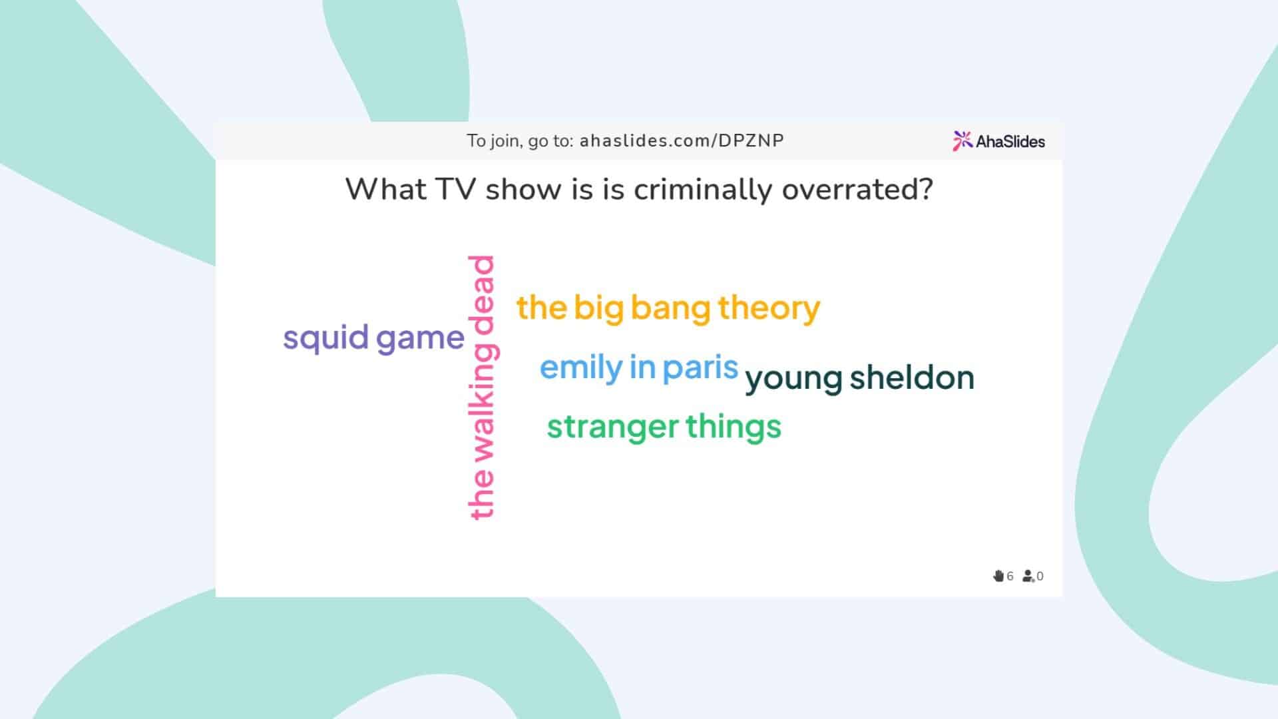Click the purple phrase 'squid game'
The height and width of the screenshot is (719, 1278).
pyautogui.click(x=373, y=339)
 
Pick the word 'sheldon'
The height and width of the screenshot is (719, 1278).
pyautogui.click(x=912, y=377)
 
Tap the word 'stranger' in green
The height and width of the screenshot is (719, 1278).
pyautogui.click(x=613, y=427)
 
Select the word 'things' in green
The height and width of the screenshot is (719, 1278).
pyautogui.click(x=734, y=427)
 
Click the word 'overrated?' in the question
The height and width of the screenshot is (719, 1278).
pyautogui.click(x=857, y=190)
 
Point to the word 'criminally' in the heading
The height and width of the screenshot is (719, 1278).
pyautogui.click(x=703, y=190)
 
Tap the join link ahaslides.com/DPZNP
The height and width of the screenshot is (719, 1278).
pyautogui.click(x=682, y=141)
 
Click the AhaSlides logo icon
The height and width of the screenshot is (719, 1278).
pyautogui.click(x=962, y=140)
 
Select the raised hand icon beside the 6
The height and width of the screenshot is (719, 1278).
pyautogui.click(x=998, y=576)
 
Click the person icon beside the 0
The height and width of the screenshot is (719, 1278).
pyautogui.click(x=1028, y=576)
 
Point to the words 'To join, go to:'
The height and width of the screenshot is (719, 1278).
pyautogui.click(x=520, y=142)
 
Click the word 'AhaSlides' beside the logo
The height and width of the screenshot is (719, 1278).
pyautogui.click(x=1010, y=141)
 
